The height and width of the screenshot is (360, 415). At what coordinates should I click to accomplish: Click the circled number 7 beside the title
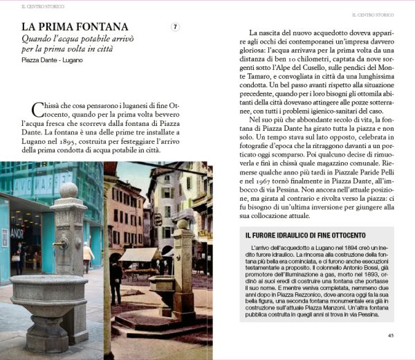176,27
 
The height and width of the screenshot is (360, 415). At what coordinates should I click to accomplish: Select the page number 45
390,336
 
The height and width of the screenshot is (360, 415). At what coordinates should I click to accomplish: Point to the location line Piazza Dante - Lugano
48,60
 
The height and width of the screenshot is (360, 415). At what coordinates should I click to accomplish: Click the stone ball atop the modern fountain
68,189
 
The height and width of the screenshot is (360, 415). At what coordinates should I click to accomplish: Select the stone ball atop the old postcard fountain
183,224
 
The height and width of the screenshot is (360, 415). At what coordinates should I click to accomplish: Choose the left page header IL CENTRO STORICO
42,6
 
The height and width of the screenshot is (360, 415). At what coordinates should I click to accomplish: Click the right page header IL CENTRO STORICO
373,14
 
